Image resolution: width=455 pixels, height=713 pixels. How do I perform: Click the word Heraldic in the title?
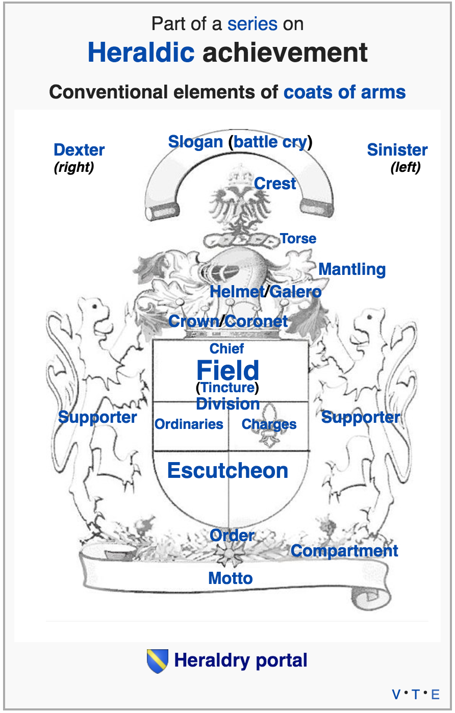[x=141, y=53]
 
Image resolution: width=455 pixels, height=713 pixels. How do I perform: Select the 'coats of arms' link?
[x=344, y=92]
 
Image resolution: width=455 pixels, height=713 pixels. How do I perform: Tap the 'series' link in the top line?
[x=252, y=24]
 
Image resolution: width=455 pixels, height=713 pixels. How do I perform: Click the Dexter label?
[x=79, y=150]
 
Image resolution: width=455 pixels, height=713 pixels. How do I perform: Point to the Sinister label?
[x=397, y=150]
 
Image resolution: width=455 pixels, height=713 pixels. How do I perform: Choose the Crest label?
[x=275, y=184]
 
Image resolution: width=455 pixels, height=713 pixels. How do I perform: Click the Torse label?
[x=298, y=239]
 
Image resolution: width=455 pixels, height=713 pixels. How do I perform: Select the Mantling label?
[x=352, y=269]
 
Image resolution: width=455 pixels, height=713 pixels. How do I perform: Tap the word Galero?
[x=296, y=292]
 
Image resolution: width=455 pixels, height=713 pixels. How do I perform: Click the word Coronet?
[x=256, y=321]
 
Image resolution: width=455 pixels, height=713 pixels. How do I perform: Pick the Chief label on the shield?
[x=226, y=349]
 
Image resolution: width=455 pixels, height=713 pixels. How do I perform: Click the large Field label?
[x=227, y=370]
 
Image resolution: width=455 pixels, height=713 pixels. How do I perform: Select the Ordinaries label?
[x=189, y=424]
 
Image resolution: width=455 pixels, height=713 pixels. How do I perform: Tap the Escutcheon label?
[x=227, y=471]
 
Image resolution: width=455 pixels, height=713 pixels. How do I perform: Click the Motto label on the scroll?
[x=231, y=578]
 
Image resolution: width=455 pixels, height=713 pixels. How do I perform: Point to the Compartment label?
[x=344, y=551]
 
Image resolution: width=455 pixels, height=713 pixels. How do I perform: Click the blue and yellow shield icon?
[x=157, y=661]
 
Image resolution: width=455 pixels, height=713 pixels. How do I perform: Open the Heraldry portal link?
[x=241, y=660]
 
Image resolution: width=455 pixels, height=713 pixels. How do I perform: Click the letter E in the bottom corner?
[x=435, y=695]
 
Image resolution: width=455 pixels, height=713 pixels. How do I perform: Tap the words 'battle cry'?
[x=270, y=142]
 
